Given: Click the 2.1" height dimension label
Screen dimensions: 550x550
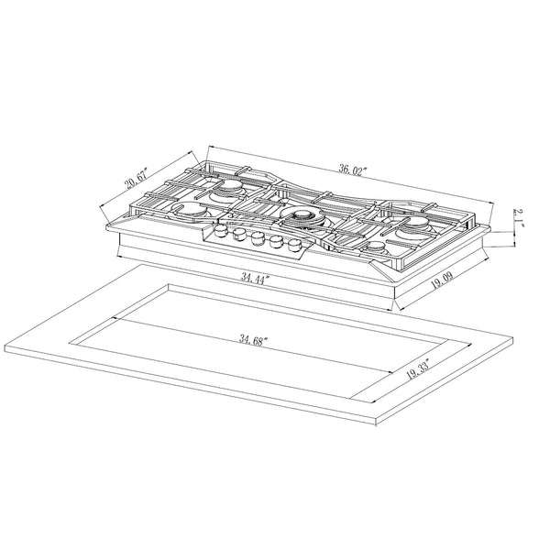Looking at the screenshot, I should click(x=518, y=218).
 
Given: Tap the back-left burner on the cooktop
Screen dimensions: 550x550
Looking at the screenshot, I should click(x=225, y=192).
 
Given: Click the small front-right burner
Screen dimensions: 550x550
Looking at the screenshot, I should click(x=379, y=247).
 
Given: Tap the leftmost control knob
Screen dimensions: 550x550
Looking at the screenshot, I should click(x=221, y=231).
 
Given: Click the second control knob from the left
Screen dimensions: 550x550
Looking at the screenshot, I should click(x=239, y=235).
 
